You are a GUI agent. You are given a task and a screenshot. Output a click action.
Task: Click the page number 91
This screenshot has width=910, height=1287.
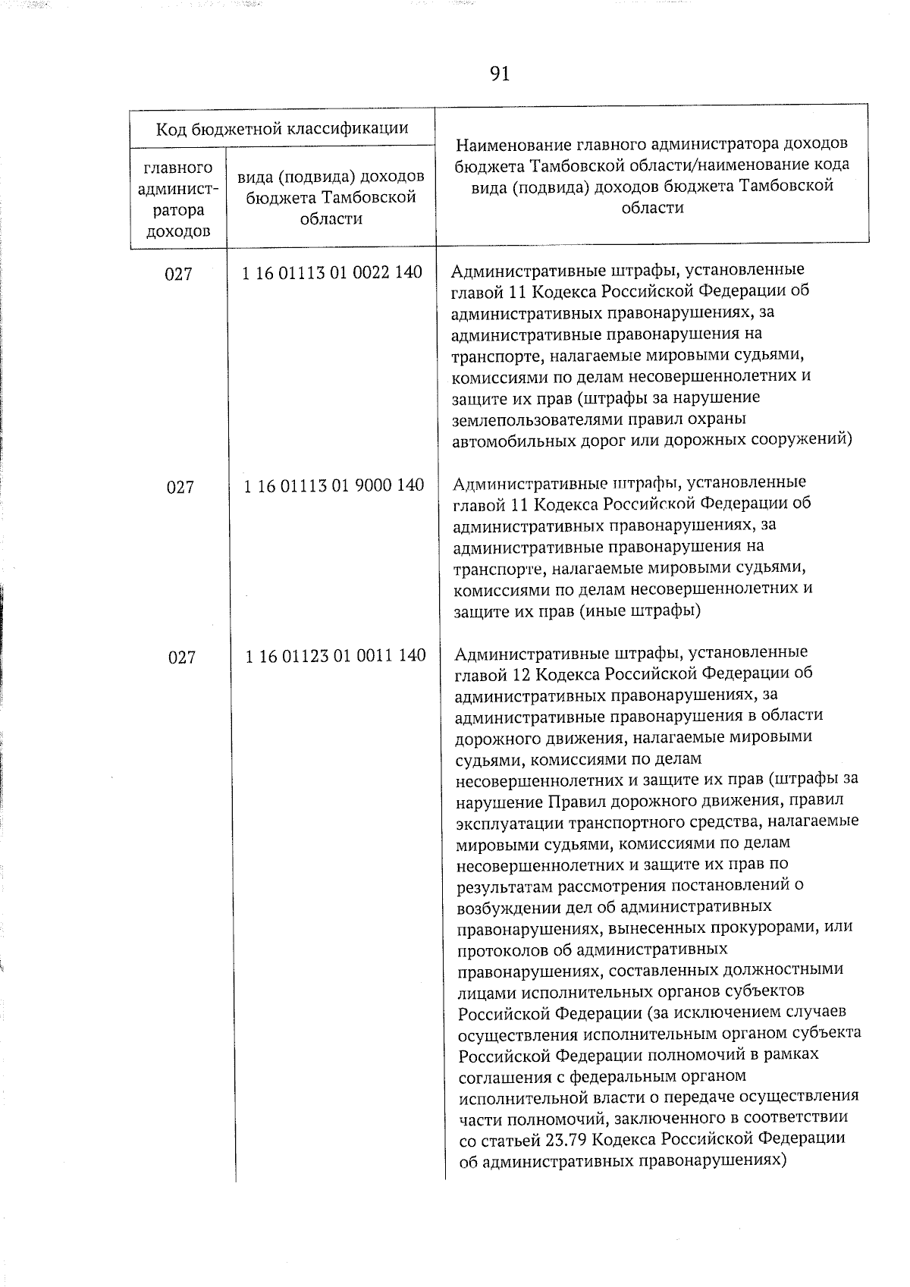[x=499, y=74]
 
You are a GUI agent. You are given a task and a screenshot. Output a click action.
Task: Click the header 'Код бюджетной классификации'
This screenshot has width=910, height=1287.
[x=282, y=128]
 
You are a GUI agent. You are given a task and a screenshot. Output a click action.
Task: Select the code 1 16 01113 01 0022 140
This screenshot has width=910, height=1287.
[x=332, y=272]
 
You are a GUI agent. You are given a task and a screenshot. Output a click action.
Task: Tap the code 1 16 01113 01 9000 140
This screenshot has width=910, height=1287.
[x=334, y=485]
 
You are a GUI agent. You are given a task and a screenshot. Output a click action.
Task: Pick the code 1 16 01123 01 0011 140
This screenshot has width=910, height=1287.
[x=335, y=655]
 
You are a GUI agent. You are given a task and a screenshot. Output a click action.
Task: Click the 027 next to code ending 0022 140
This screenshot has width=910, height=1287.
[x=179, y=274]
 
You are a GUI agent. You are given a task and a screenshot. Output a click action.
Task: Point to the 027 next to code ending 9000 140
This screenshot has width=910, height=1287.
[x=180, y=487]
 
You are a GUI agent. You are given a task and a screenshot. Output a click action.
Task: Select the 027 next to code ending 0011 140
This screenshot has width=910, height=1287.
[x=182, y=658]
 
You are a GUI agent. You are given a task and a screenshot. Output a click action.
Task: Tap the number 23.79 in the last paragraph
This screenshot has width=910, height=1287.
[x=566, y=1139]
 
